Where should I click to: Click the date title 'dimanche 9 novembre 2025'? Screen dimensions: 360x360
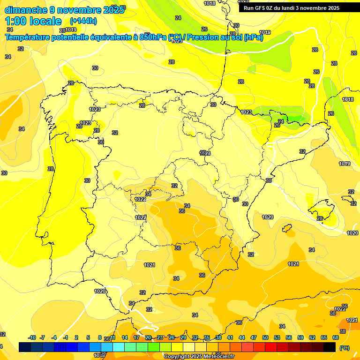[x=65, y=10]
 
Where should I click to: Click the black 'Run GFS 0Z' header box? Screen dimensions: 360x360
[x=295, y=7]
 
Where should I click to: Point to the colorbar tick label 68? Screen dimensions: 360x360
[x=335, y=337]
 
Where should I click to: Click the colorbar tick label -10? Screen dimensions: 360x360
[x=32, y=337]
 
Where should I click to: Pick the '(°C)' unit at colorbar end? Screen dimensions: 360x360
[x=345, y=347]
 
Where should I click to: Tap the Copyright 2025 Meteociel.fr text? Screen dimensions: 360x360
[x=198, y=356]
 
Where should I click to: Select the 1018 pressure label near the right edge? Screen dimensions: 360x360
[x=348, y=99]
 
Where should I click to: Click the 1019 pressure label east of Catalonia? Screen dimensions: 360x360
[x=345, y=164]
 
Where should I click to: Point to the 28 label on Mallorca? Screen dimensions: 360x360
[x=320, y=218]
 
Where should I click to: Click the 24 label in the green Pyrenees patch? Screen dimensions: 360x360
[x=281, y=121]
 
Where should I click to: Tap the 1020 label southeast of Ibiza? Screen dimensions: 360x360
[x=352, y=233]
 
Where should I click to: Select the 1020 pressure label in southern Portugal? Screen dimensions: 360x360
[x=100, y=291]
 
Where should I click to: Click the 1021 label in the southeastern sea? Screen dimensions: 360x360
[x=293, y=264]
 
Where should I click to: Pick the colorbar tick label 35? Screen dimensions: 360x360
[x=207, y=337]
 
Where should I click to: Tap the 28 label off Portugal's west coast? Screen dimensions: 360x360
[x=51, y=169]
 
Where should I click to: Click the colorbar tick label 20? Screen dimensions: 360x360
[x=148, y=337]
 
